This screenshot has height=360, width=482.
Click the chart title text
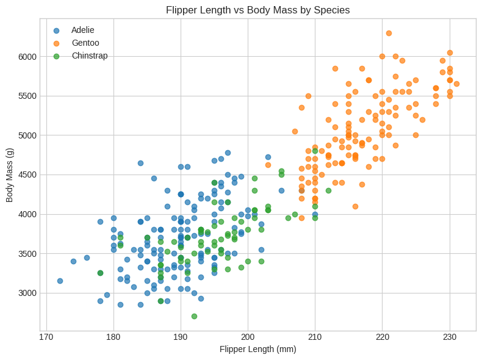tap(257, 10)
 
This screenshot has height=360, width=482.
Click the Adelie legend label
tap(82, 30)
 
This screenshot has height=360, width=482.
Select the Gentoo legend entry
tap(85, 43)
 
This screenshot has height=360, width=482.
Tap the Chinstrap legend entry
tap(89, 56)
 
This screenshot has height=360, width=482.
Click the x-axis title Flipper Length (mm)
tap(257, 349)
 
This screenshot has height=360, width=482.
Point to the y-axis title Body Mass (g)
tap(10, 175)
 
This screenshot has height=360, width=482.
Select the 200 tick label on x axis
tap(248, 337)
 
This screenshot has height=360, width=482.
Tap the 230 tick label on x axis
tap(450, 337)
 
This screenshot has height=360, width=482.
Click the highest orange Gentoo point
tap(389, 33)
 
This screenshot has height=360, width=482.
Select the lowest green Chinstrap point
tap(194, 316)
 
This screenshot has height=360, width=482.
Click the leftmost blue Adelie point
tap(60, 281)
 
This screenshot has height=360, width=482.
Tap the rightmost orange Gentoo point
tap(456, 84)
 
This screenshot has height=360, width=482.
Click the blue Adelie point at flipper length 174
tap(73, 261)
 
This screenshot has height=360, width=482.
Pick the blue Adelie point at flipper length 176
tap(87, 257)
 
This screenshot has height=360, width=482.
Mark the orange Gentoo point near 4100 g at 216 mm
tap(355, 206)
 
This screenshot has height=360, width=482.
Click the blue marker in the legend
tap(57, 30)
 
